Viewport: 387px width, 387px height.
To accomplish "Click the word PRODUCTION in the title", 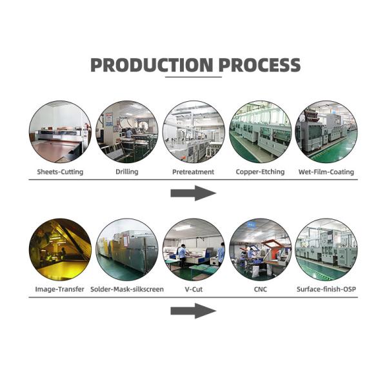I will click(151, 65).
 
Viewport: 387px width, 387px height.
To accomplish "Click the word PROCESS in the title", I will click(259, 65).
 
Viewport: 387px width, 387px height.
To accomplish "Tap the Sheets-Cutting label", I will click(59, 172).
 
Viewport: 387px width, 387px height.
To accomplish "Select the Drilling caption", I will click(126, 172).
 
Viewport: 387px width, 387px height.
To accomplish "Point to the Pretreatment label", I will click(193, 172).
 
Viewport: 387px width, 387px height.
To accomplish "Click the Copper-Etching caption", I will click(260, 172).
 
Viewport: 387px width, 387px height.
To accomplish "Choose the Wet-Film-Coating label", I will click(326, 172).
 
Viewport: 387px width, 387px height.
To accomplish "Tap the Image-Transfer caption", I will click(59, 290).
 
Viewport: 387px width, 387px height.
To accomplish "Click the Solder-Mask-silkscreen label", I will click(126, 290).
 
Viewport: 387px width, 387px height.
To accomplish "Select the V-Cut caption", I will click(193, 290).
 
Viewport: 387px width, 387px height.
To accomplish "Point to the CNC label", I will click(260, 290).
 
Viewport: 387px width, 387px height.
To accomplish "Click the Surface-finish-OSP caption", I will click(326, 290).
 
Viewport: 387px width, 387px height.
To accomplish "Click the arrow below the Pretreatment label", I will click(193, 193).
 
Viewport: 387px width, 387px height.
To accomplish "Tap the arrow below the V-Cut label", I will click(193, 311).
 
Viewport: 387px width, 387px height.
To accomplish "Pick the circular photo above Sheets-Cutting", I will click(59, 132).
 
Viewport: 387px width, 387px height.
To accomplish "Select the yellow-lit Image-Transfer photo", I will click(59, 249).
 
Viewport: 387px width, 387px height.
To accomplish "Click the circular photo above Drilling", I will click(126, 132).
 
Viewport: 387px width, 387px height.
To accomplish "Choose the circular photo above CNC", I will click(260, 249).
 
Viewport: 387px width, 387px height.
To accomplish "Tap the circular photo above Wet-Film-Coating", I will click(326, 132).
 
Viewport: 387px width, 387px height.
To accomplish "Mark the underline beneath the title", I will click(193, 77).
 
